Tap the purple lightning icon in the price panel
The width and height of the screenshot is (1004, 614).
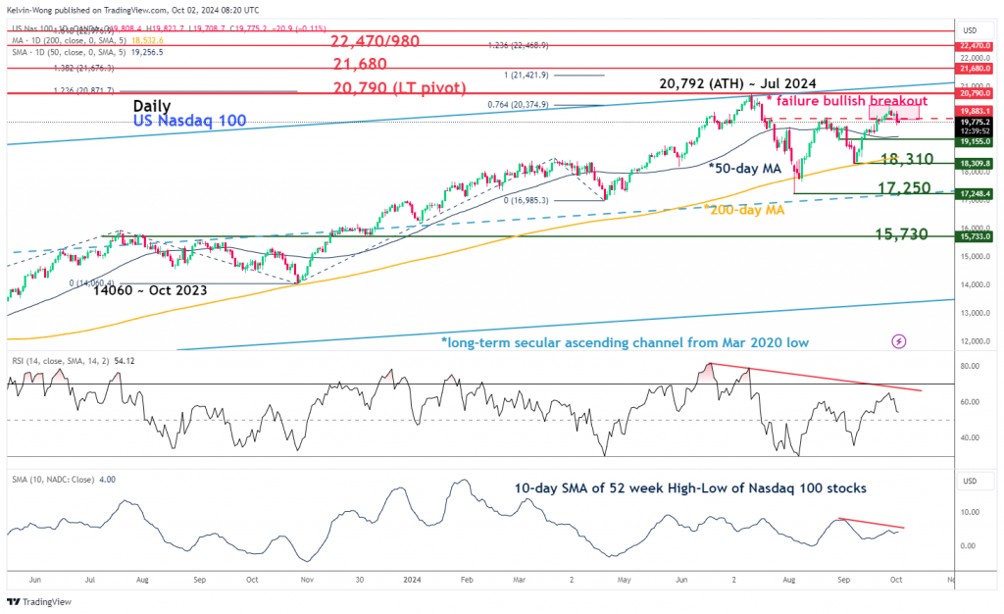pos(899,340)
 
